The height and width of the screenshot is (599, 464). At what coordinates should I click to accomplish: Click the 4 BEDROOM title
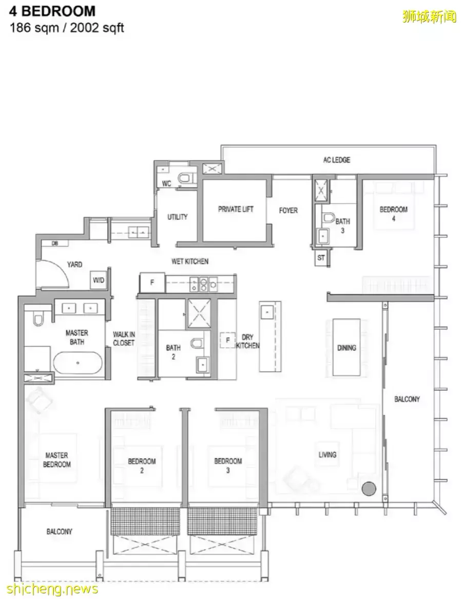tap(52, 11)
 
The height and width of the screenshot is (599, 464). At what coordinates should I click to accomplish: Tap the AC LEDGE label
tap(337, 160)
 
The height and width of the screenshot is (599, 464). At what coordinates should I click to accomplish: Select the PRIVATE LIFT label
tap(236, 209)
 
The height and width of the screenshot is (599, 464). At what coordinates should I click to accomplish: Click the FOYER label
tap(288, 210)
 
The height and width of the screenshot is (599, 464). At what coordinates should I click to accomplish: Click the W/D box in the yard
tap(99, 280)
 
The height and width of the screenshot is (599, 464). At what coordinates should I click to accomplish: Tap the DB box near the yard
tap(55, 243)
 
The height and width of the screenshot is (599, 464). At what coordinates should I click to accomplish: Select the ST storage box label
tap(321, 258)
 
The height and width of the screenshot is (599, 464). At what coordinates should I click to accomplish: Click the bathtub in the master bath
tap(78, 363)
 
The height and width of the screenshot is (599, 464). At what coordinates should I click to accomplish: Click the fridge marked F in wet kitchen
tap(152, 283)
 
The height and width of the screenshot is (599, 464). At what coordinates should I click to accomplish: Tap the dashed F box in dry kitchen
tap(228, 340)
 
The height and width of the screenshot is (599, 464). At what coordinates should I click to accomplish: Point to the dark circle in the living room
tap(369, 488)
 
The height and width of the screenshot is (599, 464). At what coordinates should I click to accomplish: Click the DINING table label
tap(346, 348)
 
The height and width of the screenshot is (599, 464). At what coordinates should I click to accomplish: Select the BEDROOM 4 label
tap(393, 214)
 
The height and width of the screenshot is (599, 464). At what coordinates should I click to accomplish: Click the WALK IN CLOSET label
tap(124, 339)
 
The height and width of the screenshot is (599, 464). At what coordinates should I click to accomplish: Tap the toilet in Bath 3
tap(328, 218)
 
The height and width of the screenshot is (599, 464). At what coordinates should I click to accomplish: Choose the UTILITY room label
tap(178, 217)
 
